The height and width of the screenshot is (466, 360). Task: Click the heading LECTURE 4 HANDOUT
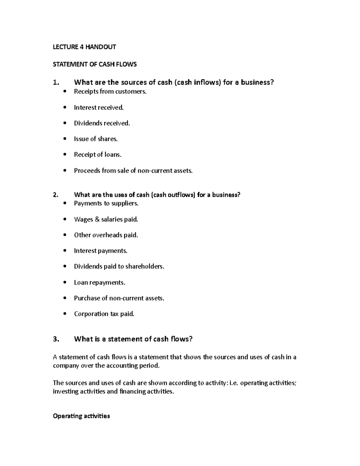[x=84, y=47]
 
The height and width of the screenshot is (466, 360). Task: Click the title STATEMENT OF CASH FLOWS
[x=94, y=64]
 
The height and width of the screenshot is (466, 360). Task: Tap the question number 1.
[x=56, y=83]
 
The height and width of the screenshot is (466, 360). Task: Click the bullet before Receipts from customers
[x=65, y=92]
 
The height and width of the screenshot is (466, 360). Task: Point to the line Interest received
[x=99, y=107]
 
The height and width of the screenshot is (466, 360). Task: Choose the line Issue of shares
[x=96, y=139]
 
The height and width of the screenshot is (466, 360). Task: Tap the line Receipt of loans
[x=97, y=155]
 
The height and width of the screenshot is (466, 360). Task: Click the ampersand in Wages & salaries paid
[x=97, y=219]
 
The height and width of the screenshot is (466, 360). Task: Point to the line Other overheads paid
[x=106, y=235]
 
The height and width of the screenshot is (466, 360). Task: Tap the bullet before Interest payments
[x=65, y=251]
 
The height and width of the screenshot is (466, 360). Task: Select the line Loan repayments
[x=99, y=282]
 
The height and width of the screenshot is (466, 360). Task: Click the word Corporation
[x=91, y=314]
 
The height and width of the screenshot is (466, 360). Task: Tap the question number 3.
[x=56, y=339]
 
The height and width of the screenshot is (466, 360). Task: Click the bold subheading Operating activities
[x=81, y=416]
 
